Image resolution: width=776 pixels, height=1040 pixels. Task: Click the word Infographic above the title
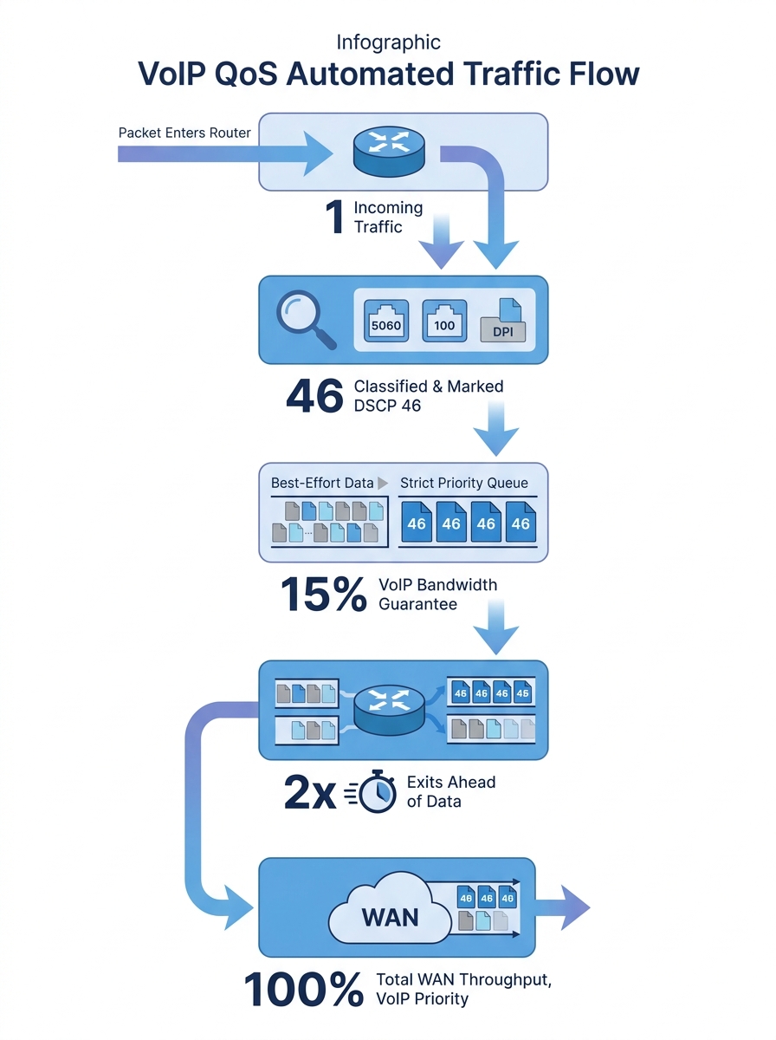(x=388, y=42)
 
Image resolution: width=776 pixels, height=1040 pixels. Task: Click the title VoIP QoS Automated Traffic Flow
(x=388, y=75)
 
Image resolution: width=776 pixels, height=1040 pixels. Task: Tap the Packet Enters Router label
(x=184, y=133)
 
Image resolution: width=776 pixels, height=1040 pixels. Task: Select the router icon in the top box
(x=388, y=149)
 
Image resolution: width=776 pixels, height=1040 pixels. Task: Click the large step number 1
(x=334, y=218)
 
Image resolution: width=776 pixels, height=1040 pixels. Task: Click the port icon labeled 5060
(x=385, y=321)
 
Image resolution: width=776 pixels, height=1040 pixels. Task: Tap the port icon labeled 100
(x=443, y=321)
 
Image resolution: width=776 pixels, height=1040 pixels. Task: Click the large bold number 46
(x=314, y=396)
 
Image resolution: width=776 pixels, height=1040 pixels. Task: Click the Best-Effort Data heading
(x=322, y=483)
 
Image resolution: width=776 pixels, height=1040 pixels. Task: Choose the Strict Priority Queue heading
(x=463, y=483)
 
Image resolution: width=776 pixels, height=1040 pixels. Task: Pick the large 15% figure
(x=323, y=595)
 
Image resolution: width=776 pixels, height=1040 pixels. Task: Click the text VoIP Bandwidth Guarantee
(x=437, y=595)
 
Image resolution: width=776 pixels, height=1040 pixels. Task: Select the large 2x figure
(x=310, y=792)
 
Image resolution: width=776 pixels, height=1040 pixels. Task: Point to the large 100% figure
(x=303, y=990)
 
